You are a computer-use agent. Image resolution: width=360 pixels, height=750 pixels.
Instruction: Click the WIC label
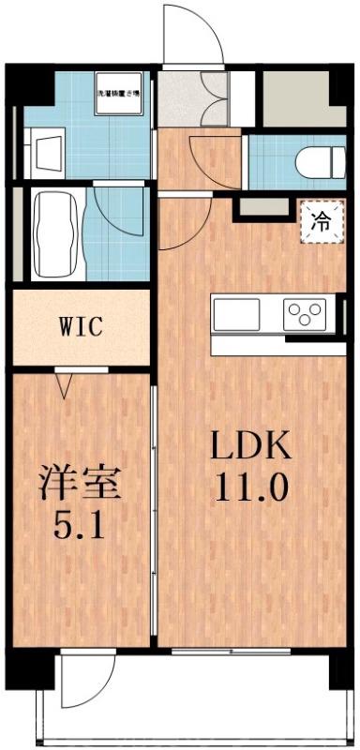pos(81,329)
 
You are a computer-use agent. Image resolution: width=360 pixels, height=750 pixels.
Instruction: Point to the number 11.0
pos(250,487)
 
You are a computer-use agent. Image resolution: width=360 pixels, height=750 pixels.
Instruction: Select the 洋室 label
pos(80,485)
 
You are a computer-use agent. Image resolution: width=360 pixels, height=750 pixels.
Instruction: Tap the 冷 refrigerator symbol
pos(319,222)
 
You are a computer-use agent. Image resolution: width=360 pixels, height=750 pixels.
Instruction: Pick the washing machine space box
pos(119,94)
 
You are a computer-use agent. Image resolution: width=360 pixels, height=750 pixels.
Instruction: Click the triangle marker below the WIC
pos(64,382)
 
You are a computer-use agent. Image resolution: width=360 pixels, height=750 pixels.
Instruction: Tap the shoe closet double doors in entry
pos(207,98)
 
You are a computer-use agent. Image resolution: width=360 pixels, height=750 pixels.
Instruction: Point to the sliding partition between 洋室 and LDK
pos(154,506)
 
